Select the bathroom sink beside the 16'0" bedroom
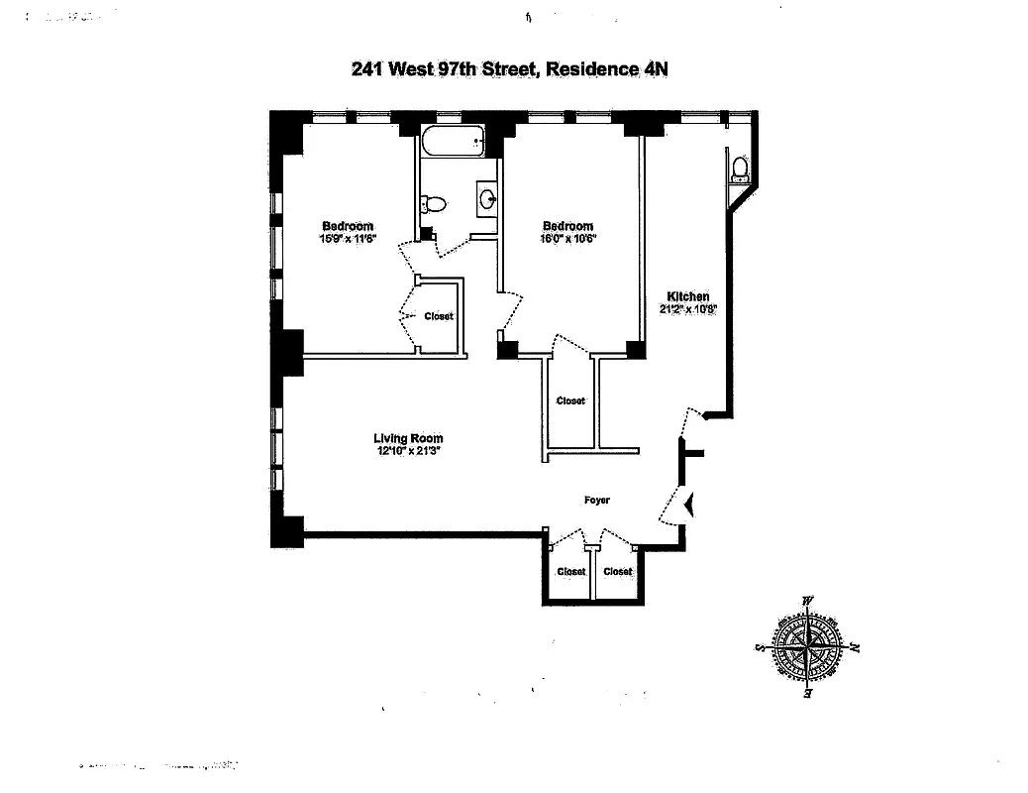[487, 198]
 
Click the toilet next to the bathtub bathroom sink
[433, 204]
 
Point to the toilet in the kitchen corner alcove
[739, 170]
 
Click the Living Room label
[408, 438]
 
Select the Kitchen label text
[687, 296]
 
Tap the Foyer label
[596, 501]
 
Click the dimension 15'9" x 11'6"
[347, 239]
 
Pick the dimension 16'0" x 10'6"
[567, 239]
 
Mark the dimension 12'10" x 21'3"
[408, 451]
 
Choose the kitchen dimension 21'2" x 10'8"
[687, 308]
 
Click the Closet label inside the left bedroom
[439, 316]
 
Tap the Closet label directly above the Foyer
[570, 400]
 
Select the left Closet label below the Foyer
[570, 571]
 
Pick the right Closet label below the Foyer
[617, 571]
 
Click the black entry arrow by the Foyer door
[690, 507]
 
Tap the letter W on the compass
[808, 601]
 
